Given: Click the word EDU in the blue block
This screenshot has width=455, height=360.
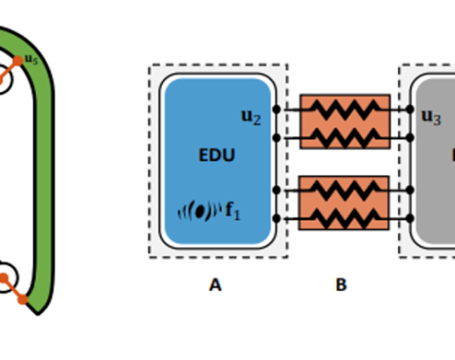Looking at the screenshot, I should (x=217, y=155).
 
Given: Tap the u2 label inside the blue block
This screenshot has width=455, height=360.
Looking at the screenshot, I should (x=251, y=117).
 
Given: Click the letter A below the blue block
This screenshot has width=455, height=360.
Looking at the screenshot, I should (x=215, y=283).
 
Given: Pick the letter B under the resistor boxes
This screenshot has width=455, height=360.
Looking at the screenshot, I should (x=341, y=283).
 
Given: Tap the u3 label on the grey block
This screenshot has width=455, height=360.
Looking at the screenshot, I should (x=431, y=117).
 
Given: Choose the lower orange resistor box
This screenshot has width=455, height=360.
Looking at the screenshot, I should (x=344, y=203).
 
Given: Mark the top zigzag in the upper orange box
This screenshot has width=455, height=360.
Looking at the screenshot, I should (x=344, y=109).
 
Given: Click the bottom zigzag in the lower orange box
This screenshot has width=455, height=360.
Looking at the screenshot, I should (x=344, y=217).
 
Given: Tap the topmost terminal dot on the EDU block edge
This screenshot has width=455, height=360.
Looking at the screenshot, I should (x=276, y=109).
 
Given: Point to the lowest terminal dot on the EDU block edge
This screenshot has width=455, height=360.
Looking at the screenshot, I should (x=276, y=217).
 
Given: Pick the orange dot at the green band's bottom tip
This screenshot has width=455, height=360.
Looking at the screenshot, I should (x=24, y=298).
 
